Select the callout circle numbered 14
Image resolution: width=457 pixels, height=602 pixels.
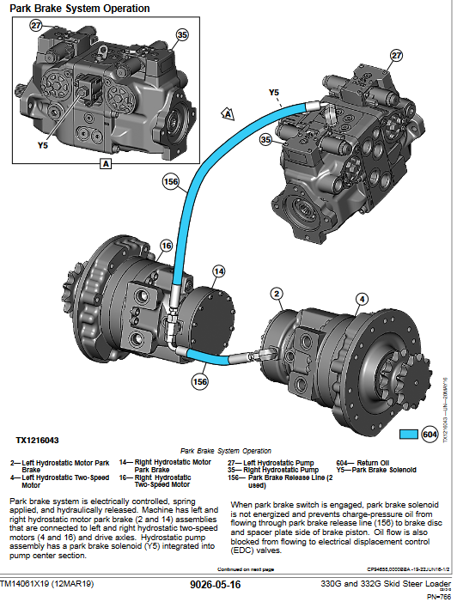(219, 271)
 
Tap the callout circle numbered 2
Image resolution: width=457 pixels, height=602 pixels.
(277, 295)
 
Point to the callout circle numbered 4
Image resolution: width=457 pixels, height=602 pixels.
(362, 299)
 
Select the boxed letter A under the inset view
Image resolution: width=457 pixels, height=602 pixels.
(106, 162)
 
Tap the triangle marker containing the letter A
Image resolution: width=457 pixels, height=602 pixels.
(228, 113)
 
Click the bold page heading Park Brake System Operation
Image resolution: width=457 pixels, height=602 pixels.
(80, 9)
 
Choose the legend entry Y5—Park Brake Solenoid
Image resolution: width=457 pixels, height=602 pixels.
(375, 470)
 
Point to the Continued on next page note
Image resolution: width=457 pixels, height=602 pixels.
(246, 569)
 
